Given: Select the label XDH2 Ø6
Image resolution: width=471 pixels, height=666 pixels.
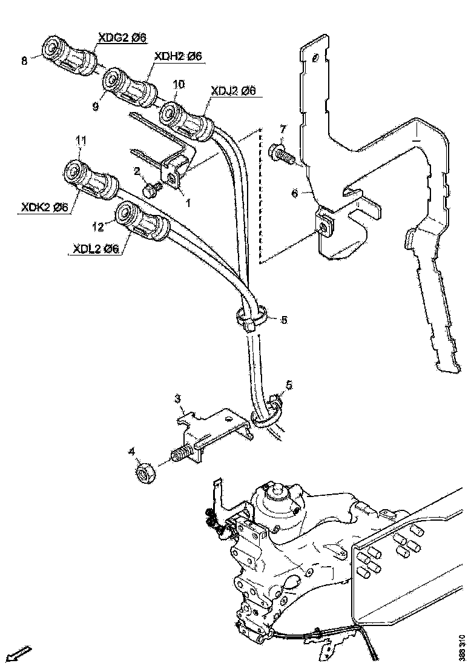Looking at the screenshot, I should [x=178, y=56].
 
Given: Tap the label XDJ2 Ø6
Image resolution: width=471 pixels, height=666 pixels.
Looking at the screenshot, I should [x=233, y=91].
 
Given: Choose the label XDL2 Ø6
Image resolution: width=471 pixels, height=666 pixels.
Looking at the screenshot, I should [x=96, y=249].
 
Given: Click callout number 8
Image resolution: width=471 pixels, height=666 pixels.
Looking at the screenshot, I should [x=24, y=61].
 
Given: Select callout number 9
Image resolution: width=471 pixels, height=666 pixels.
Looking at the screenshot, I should [x=96, y=106].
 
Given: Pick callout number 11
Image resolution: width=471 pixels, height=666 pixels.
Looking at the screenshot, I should [x=80, y=140].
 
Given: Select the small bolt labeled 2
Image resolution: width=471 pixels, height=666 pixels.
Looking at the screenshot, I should [x=151, y=190].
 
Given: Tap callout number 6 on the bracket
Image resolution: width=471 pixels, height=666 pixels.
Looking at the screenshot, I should [x=295, y=193].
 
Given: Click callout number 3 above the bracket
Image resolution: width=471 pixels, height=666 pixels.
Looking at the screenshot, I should [x=179, y=398].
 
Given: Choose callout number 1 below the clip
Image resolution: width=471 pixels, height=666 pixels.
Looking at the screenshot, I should [x=188, y=203].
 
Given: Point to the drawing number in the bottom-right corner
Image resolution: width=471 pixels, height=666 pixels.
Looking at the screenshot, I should [x=462, y=647].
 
